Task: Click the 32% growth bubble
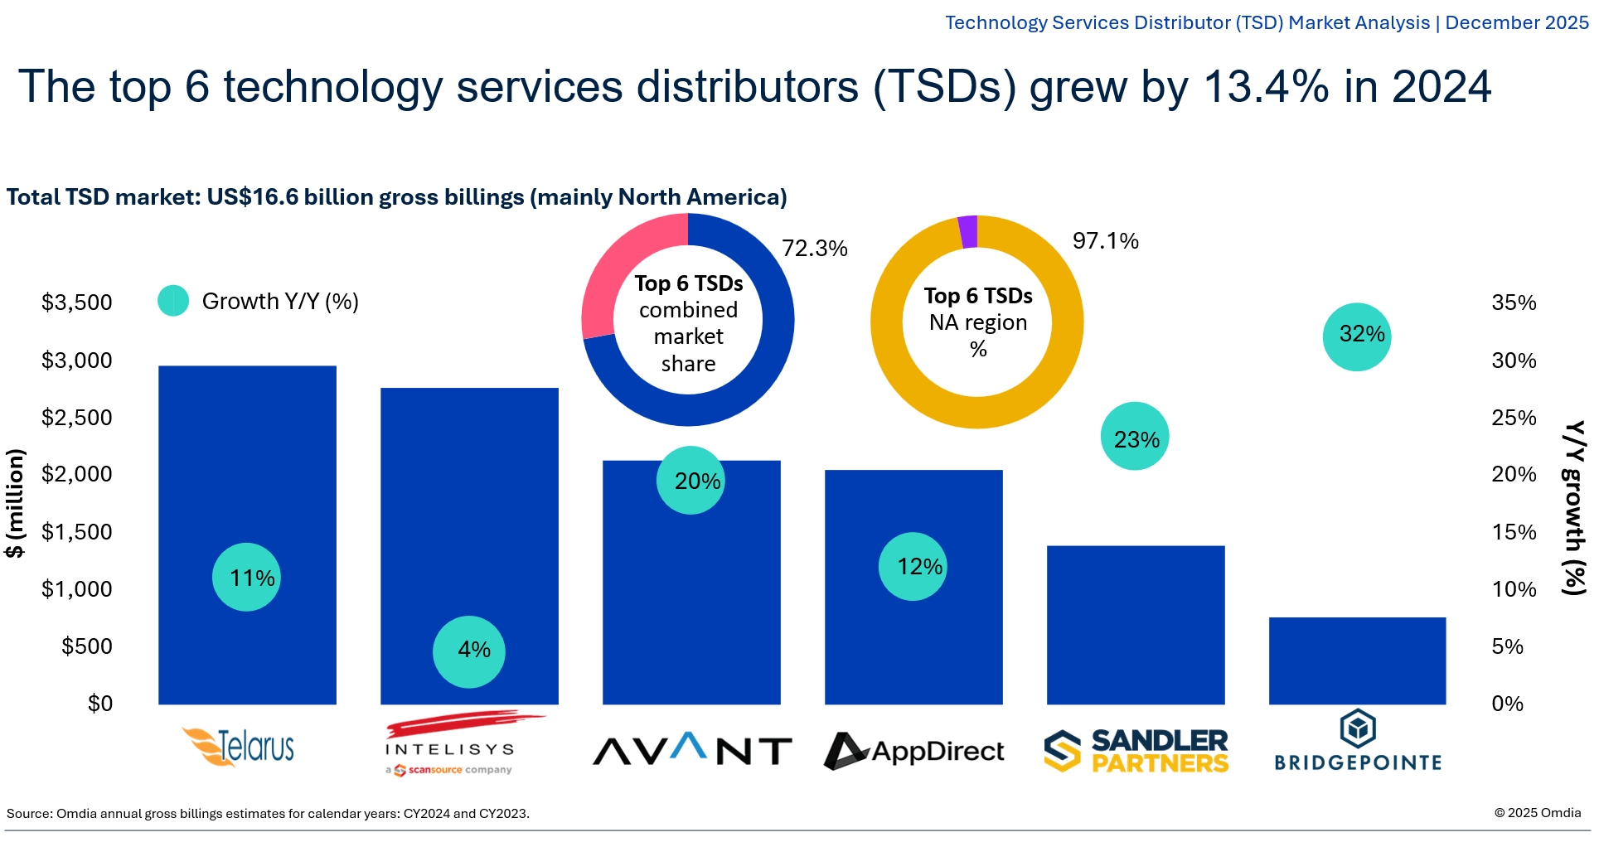(x=1356, y=336)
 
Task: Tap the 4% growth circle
(x=469, y=651)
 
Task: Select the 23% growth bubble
(x=1134, y=437)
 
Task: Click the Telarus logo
(x=240, y=746)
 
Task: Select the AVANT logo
(x=691, y=750)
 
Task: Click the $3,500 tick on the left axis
(x=76, y=302)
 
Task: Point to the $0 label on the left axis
(x=99, y=704)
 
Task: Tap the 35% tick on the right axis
(x=1513, y=302)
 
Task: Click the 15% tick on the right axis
(x=1513, y=532)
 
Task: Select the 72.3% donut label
(x=814, y=249)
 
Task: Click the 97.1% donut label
(x=1105, y=241)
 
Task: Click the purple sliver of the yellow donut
(x=967, y=232)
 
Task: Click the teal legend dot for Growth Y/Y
(x=173, y=301)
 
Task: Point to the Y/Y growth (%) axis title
(x=1573, y=507)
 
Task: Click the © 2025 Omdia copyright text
(x=1537, y=813)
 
